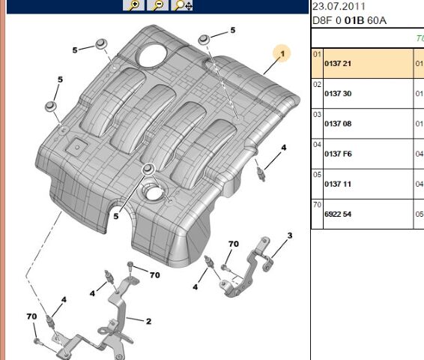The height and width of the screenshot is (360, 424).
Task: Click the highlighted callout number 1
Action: click(x=283, y=53)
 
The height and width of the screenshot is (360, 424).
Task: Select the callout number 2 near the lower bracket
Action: click(x=148, y=322)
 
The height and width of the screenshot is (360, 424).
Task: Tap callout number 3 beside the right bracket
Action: click(x=289, y=236)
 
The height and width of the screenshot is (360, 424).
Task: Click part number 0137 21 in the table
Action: click(x=338, y=64)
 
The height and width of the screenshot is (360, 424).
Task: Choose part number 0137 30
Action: click(x=338, y=94)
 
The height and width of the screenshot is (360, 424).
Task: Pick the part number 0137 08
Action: click(x=338, y=124)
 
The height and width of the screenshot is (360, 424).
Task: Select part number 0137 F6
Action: click(x=338, y=154)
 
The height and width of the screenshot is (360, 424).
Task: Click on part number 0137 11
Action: click(x=338, y=184)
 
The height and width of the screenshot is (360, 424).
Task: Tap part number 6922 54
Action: click(x=338, y=214)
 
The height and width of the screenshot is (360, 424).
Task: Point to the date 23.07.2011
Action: click(x=339, y=7)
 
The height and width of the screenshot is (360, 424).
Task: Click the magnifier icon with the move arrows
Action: click(x=183, y=5)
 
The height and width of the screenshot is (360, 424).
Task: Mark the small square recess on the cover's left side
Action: click(x=75, y=148)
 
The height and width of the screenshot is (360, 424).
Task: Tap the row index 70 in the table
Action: click(x=317, y=204)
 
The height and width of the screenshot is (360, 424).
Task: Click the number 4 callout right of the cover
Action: click(x=283, y=148)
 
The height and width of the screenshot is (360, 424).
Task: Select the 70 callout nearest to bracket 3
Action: click(x=233, y=244)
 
